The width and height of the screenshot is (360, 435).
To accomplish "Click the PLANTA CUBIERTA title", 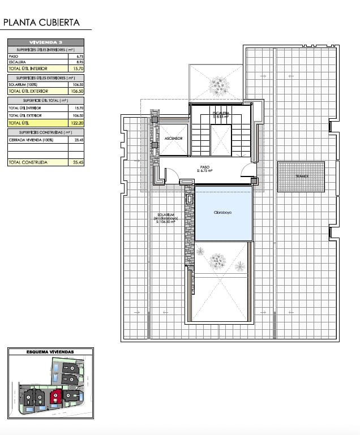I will (x=41, y=23).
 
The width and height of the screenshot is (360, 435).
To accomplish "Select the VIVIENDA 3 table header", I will (x=46, y=42).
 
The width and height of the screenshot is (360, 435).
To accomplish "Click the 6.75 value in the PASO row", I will (x=79, y=57).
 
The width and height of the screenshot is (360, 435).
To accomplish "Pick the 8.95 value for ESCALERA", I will (x=79, y=62).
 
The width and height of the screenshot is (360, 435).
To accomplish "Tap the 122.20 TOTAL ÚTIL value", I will (x=78, y=122).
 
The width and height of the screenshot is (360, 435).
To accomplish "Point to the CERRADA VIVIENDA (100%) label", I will (x=28, y=139).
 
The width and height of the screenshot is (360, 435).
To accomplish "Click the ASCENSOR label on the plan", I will (x=173, y=138).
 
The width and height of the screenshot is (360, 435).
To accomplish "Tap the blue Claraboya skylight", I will (x=224, y=214).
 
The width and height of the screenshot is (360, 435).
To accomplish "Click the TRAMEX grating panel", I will (x=301, y=176).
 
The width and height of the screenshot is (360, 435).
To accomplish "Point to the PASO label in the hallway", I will (x=204, y=167).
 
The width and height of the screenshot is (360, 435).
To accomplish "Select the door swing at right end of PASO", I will (x=248, y=170).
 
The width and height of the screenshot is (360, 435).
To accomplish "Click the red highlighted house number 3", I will (x=55, y=396).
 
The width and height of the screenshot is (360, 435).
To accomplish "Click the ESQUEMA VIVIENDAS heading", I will (x=50, y=352).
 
